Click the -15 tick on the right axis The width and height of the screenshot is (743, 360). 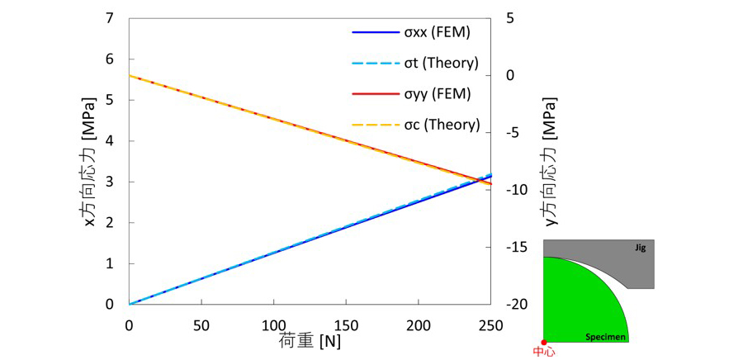(516, 247)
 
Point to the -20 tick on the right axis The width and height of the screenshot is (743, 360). (516, 304)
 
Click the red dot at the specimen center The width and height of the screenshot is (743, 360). (543, 342)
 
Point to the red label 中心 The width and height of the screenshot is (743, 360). (544, 353)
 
